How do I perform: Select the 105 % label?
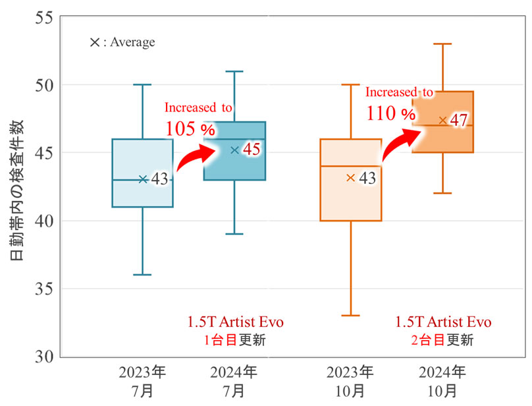click(190, 127)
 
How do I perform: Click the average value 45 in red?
click(252, 150)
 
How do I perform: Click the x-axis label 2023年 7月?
click(142, 380)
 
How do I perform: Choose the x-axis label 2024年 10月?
click(442, 380)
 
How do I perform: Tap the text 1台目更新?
click(234, 341)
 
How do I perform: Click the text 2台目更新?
click(442, 341)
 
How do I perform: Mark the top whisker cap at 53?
click(442, 44)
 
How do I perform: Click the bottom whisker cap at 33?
click(350, 316)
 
